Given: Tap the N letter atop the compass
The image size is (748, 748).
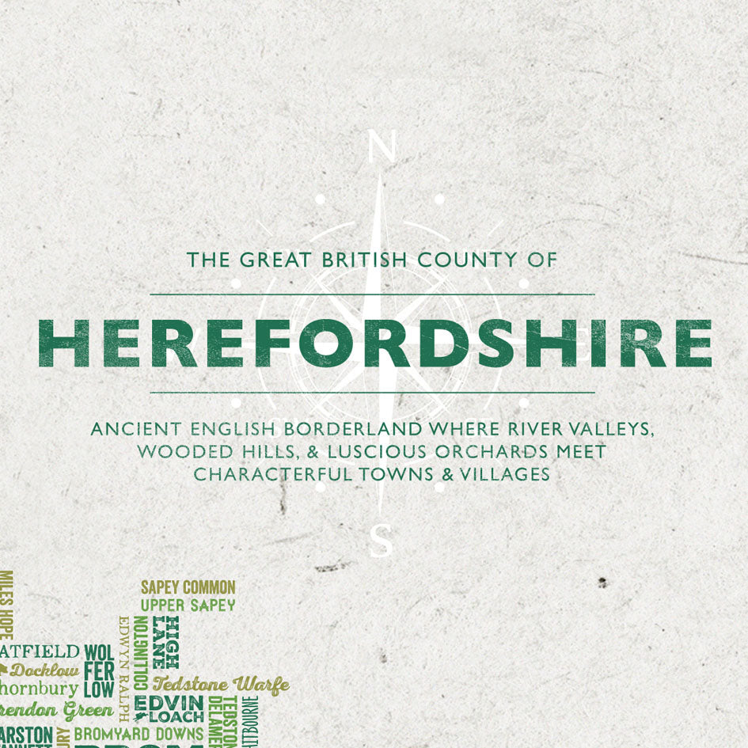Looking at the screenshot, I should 382,148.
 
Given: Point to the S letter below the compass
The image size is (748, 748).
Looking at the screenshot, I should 381,542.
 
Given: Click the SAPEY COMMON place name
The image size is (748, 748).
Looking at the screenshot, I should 188,587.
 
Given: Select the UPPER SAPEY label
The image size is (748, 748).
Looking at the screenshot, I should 188,606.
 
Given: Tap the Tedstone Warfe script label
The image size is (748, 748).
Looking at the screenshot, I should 221,684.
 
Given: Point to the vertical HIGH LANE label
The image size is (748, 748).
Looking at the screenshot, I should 165,642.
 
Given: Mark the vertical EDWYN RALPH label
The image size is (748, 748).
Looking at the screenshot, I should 123,670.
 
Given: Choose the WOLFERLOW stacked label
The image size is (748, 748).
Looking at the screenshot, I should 98,670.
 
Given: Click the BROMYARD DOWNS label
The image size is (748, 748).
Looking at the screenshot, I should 139,734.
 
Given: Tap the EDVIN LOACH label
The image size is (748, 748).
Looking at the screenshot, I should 169,709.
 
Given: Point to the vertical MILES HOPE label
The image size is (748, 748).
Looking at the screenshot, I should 6,606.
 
